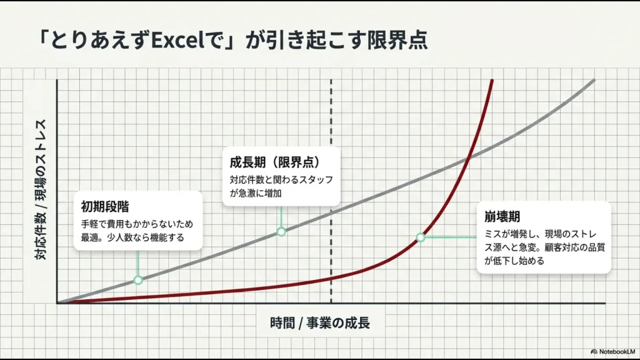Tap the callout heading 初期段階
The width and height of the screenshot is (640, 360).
tap(105, 206)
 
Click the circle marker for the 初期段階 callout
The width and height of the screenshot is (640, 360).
tap(138, 280)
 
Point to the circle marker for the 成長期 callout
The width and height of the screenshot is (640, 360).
tap(281, 232)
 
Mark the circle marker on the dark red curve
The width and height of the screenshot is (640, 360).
tap(421, 237)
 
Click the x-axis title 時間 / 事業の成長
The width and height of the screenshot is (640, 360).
tap(320, 323)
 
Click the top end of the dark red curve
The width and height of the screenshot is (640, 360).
tap(493, 81)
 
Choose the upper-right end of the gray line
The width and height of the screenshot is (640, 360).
tap(594, 81)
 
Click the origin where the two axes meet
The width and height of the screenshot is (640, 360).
tap(57, 303)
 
